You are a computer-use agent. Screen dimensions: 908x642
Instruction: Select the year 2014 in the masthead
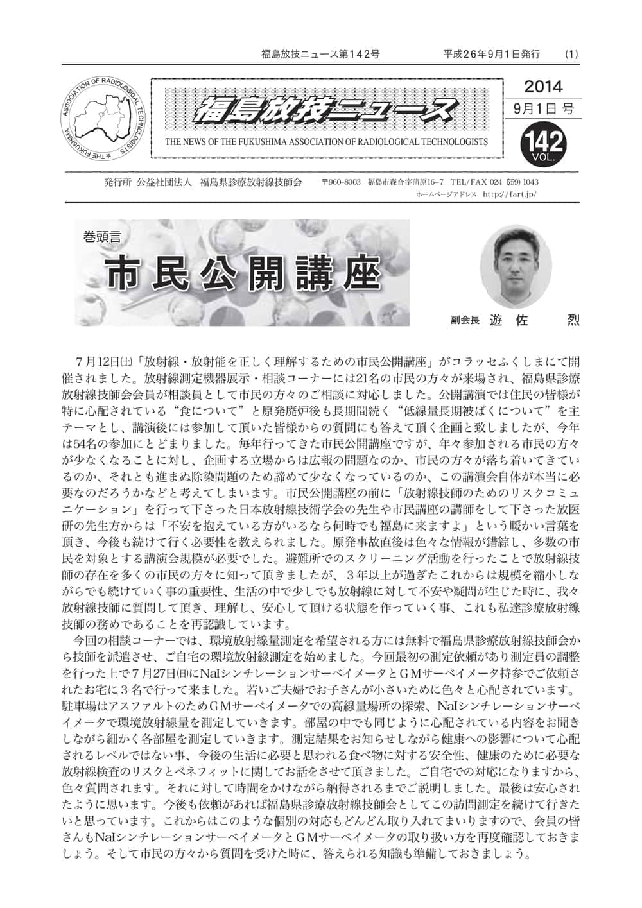pyautogui.click(x=543, y=86)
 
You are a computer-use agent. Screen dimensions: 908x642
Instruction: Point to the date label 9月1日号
pyautogui.click(x=543, y=108)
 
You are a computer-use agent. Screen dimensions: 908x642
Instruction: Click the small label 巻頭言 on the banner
pyautogui.click(x=101, y=237)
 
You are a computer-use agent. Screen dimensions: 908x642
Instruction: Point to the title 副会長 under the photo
pyautogui.click(x=465, y=320)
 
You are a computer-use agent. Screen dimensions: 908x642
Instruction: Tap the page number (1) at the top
pyautogui.click(x=571, y=54)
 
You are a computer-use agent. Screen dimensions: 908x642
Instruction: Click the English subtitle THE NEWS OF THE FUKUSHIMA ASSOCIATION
pyautogui.click(x=326, y=142)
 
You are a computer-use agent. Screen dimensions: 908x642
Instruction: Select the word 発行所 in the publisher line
pyautogui.click(x=117, y=182)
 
